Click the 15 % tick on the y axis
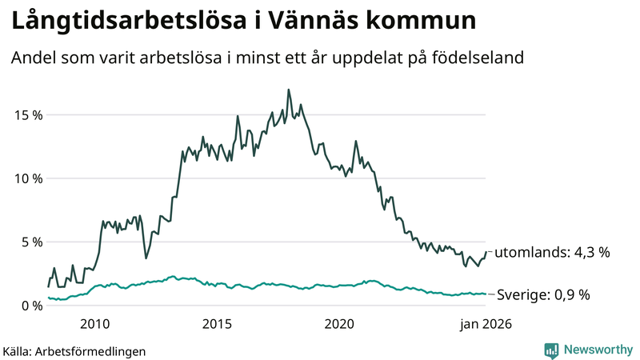(x=27, y=114)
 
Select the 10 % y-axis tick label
(x=27, y=178)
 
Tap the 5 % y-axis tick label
(x=30, y=242)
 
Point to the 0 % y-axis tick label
(x=30, y=305)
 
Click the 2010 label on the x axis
(x=94, y=324)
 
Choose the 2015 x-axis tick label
(x=217, y=324)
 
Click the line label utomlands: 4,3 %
(x=552, y=253)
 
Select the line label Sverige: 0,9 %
(x=543, y=294)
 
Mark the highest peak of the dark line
(x=288, y=90)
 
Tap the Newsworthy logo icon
(x=552, y=350)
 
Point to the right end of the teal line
(x=486, y=294)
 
